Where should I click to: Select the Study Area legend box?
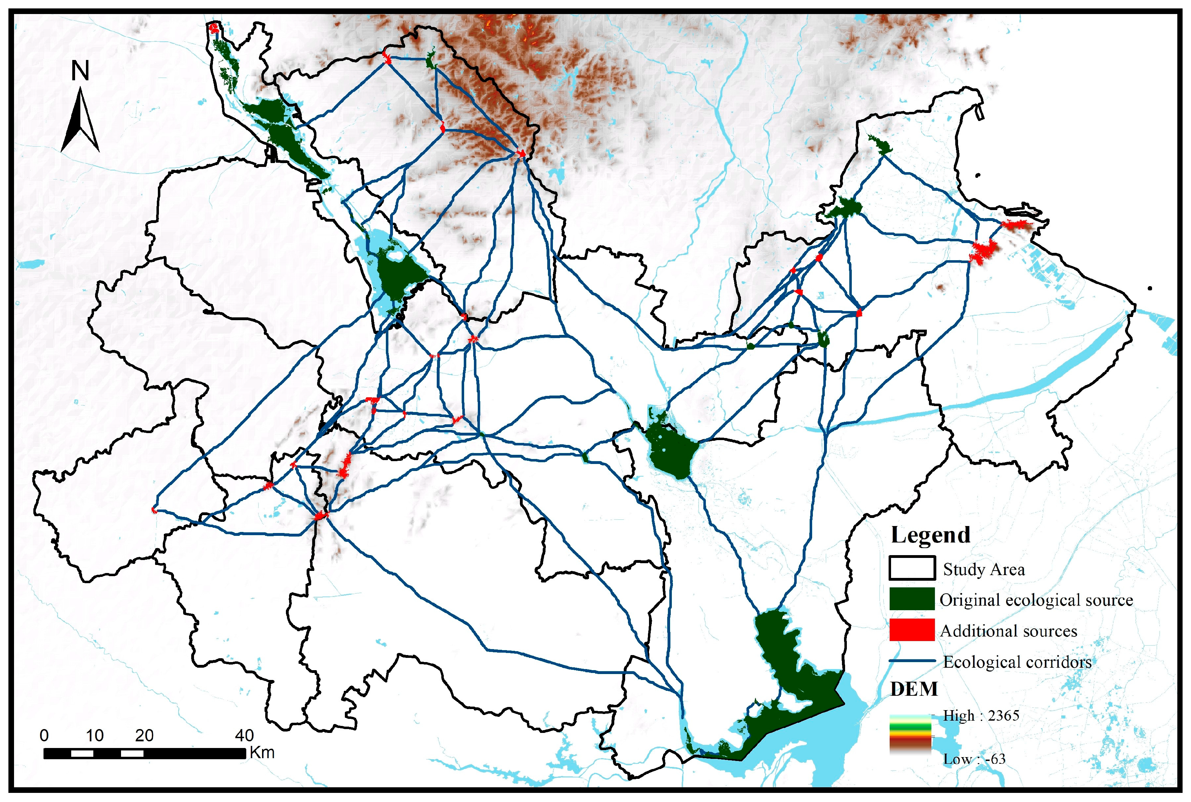click(912, 568)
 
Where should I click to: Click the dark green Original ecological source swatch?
click(912, 599)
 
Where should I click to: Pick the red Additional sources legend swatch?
click(912, 630)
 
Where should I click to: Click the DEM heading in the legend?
click(914, 689)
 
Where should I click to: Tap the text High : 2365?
click(981, 716)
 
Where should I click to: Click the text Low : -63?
click(974, 759)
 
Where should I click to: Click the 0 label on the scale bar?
click(45, 735)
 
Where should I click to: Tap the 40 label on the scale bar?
click(245, 735)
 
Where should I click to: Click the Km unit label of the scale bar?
click(262, 753)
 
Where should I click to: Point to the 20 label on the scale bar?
click(144, 735)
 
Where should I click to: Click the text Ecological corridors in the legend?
click(1017, 662)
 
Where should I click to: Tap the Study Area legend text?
click(984, 569)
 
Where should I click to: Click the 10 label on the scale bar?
click(95, 735)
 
